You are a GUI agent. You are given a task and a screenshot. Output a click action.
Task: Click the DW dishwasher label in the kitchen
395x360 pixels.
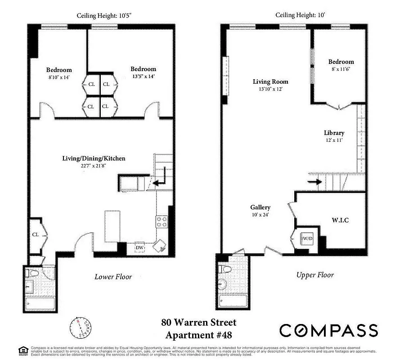139,247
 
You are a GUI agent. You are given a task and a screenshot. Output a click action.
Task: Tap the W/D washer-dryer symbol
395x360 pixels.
307,238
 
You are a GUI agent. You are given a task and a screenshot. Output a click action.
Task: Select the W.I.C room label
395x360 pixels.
340,220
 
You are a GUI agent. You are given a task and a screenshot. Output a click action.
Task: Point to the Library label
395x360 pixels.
334,133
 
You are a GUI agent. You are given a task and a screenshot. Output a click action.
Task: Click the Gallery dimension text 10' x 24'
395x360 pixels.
260,215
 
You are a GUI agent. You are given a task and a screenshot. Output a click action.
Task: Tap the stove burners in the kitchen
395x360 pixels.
162,221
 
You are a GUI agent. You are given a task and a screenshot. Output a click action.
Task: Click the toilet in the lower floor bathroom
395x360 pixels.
33,273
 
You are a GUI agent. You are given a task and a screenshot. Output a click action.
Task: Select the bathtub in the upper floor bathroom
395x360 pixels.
233,299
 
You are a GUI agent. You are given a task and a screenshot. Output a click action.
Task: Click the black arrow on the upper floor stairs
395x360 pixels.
315,182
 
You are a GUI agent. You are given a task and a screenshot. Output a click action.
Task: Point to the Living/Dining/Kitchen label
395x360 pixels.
94,158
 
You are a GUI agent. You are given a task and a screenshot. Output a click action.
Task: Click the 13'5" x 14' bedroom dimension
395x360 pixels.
143,76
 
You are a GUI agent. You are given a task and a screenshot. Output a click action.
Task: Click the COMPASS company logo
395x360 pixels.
328,330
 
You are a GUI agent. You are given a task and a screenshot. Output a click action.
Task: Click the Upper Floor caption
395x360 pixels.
315,274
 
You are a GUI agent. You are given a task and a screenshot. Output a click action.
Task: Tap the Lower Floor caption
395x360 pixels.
113,276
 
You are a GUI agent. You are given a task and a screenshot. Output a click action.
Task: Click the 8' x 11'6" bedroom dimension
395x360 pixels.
341,69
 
